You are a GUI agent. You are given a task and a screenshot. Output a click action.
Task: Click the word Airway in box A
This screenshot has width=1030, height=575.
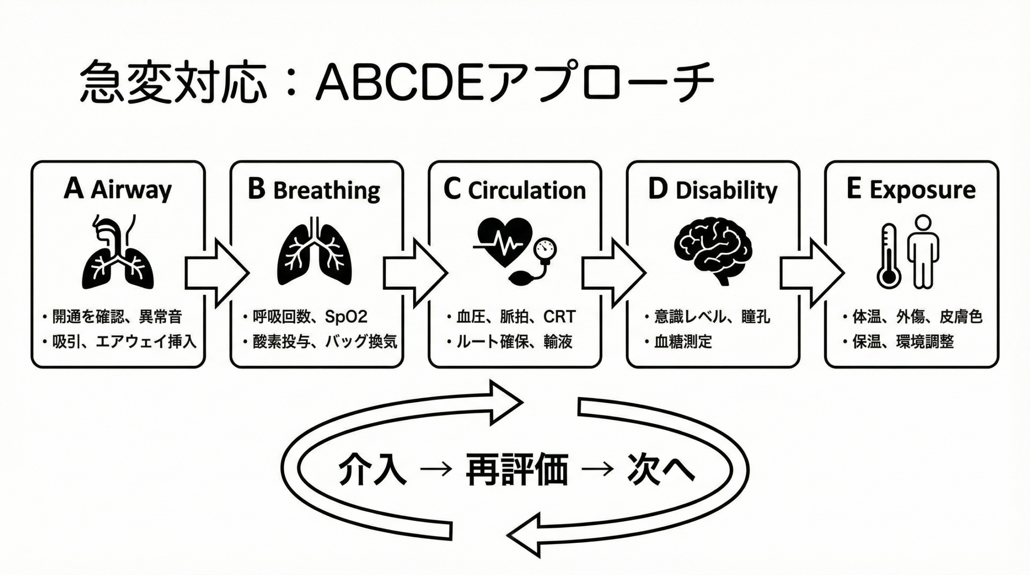click(x=131, y=190)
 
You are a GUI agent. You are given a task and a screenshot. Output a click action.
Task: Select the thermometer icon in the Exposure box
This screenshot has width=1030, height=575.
click(x=888, y=258)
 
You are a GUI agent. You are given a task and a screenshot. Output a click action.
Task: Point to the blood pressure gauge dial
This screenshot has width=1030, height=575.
click(x=545, y=249)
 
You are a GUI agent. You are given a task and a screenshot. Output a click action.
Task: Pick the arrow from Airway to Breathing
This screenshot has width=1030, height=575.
click(x=217, y=273)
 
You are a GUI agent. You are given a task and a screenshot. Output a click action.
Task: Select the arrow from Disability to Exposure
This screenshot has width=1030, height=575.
click(x=812, y=273)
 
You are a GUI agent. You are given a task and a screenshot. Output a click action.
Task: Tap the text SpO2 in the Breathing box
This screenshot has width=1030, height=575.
click(x=346, y=317)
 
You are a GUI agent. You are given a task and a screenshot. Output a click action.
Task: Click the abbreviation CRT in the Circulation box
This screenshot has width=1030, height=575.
click(x=559, y=317)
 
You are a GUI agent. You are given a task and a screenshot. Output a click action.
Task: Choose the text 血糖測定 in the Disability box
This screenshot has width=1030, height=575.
click(x=683, y=342)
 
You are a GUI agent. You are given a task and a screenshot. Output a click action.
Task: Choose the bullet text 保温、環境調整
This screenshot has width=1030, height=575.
click(x=903, y=342)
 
